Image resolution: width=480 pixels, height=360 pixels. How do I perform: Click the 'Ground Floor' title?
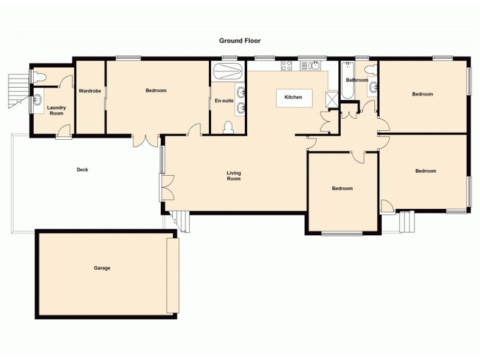pyautogui.click(x=240, y=41)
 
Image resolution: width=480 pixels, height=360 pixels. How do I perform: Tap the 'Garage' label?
pyautogui.click(x=102, y=268)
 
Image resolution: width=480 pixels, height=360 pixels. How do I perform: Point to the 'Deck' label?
pyautogui.click(x=82, y=170)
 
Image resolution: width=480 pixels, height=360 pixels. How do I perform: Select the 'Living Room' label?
pyautogui.click(x=233, y=176)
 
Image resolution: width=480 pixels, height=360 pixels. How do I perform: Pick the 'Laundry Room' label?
pyautogui.click(x=56, y=110)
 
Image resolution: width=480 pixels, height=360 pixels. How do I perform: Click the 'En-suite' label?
pyautogui.click(x=224, y=101)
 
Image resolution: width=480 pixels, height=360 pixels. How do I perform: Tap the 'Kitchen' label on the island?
pyautogui.click(x=293, y=97)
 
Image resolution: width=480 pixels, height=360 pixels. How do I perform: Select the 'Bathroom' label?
pyautogui.click(x=357, y=80)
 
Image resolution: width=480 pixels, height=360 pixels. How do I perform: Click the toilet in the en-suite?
pyautogui.click(x=228, y=127)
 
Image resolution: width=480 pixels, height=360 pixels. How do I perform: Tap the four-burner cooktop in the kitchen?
pyautogui.click(x=287, y=66)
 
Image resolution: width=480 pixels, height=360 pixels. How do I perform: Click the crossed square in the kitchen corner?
pyautogui.click(x=331, y=98)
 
